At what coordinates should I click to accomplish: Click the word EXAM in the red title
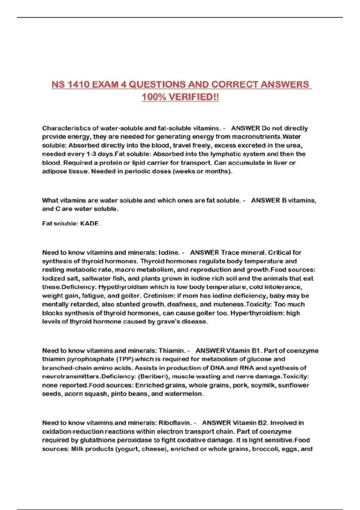105,85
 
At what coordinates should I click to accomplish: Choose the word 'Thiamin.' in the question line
172,351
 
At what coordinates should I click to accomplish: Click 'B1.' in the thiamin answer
256,351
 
